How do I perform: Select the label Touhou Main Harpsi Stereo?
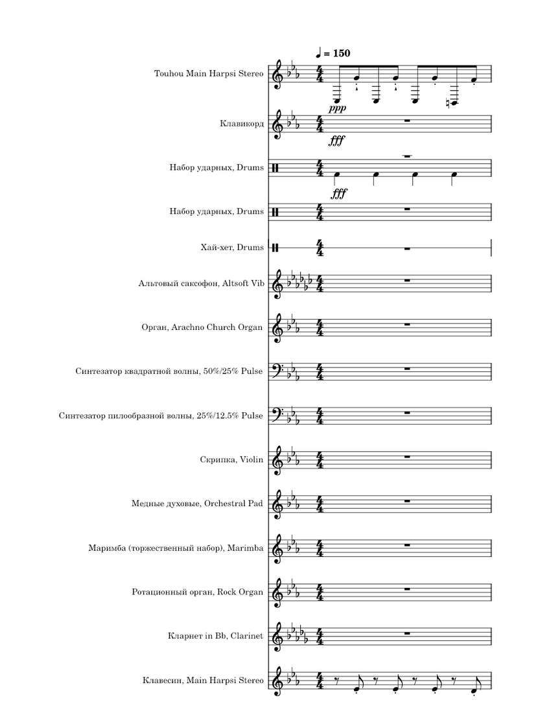click(x=209, y=73)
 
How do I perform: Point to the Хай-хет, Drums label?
click(x=232, y=247)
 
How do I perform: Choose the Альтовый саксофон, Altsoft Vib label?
click(x=201, y=283)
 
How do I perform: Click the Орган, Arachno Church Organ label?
click(x=202, y=327)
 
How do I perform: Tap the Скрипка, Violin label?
click(x=231, y=460)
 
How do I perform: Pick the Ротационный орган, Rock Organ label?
click(x=197, y=592)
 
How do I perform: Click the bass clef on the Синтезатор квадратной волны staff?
click(x=283, y=369)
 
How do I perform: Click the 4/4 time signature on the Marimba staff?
click(x=320, y=548)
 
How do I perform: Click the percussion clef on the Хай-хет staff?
click(x=277, y=247)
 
